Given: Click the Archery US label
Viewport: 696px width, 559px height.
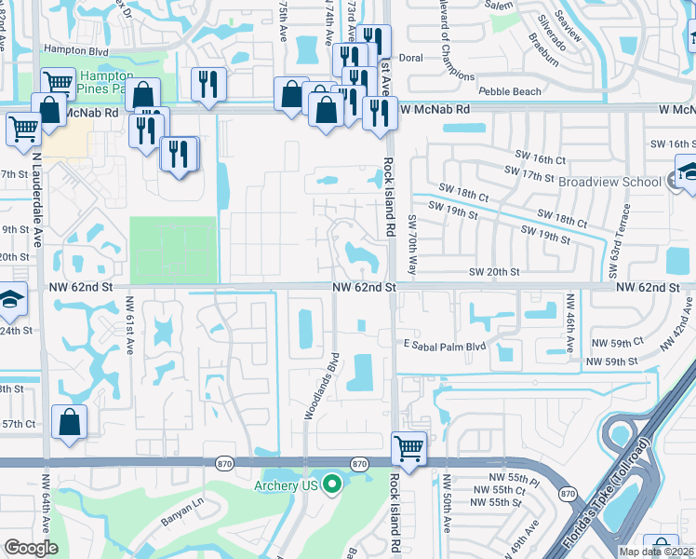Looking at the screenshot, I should [x=286, y=485].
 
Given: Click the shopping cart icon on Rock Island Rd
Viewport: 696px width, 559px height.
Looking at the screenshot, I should [x=408, y=449].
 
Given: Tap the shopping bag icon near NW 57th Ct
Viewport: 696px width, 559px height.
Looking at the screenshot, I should [x=70, y=423].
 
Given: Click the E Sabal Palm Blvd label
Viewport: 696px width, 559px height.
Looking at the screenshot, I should [x=445, y=346].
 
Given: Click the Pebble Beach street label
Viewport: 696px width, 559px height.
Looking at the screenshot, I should [x=509, y=91].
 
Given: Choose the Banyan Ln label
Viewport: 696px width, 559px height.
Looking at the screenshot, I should [x=182, y=507].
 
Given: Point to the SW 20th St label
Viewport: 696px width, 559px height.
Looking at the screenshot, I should [x=493, y=271].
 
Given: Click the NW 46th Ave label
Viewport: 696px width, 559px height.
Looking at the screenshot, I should [x=569, y=323].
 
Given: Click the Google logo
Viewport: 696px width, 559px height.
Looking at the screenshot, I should [x=31, y=548].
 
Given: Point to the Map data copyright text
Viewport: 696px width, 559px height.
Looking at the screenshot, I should [x=656, y=552].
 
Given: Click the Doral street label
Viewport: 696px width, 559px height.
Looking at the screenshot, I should [x=410, y=57].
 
